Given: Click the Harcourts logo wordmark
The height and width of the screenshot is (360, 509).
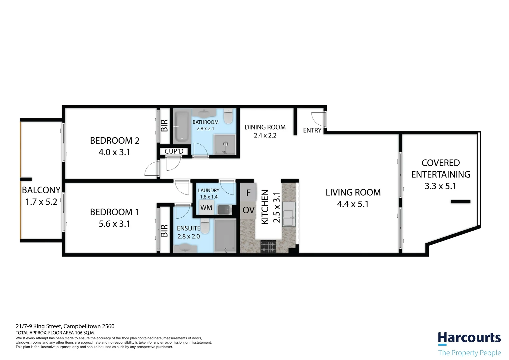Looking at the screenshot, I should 469,338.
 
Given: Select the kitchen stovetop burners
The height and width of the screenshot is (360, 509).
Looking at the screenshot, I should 268,247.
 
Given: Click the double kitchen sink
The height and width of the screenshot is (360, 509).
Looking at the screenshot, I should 288,214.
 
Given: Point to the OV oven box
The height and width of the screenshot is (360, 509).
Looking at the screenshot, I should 248,210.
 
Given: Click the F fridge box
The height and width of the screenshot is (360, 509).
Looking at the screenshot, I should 248,193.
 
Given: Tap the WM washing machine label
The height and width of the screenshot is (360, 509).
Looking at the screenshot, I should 206,208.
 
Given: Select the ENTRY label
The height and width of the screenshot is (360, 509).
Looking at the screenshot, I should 312,130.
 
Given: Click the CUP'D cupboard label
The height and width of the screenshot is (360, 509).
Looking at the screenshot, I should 174,151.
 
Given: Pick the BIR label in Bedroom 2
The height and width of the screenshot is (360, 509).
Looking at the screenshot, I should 164,126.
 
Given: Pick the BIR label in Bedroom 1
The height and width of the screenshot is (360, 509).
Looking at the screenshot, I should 164,230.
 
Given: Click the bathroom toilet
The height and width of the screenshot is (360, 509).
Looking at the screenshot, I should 228,117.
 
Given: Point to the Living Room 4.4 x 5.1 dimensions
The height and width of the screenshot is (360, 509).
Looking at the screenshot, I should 353,204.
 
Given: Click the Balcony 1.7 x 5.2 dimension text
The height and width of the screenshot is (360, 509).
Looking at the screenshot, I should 41,202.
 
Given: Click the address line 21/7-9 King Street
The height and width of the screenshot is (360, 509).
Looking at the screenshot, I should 65,326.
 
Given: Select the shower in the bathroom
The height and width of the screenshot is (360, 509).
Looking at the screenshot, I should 225,144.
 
